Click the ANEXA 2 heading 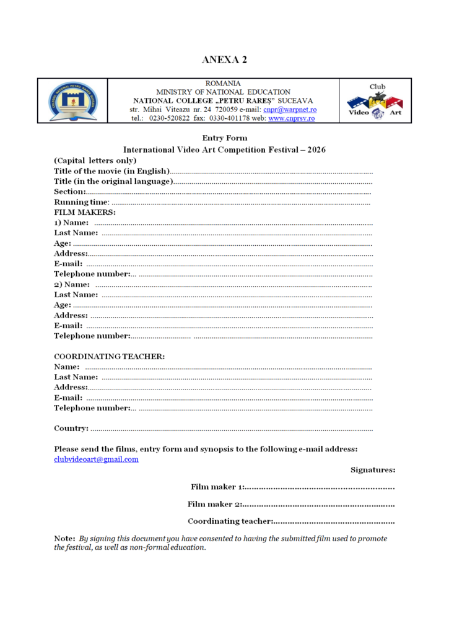click(x=224, y=59)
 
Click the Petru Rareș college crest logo click(x=72, y=100)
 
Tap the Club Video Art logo click(x=375, y=101)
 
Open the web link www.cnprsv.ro click(x=291, y=118)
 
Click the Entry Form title click(x=224, y=138)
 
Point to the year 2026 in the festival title click(x=314, y=150)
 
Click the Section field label click(x=69, y=192)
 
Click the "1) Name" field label click(x=71, y=223)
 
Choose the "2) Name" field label click(x=72, y=284)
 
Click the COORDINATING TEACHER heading click(x=109, y=357)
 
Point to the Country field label click(x=71, y=428)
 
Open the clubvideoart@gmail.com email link click(x=96, y=459)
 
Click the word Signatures click(x=373, y=470)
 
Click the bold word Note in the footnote click(x=64, y=539)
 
